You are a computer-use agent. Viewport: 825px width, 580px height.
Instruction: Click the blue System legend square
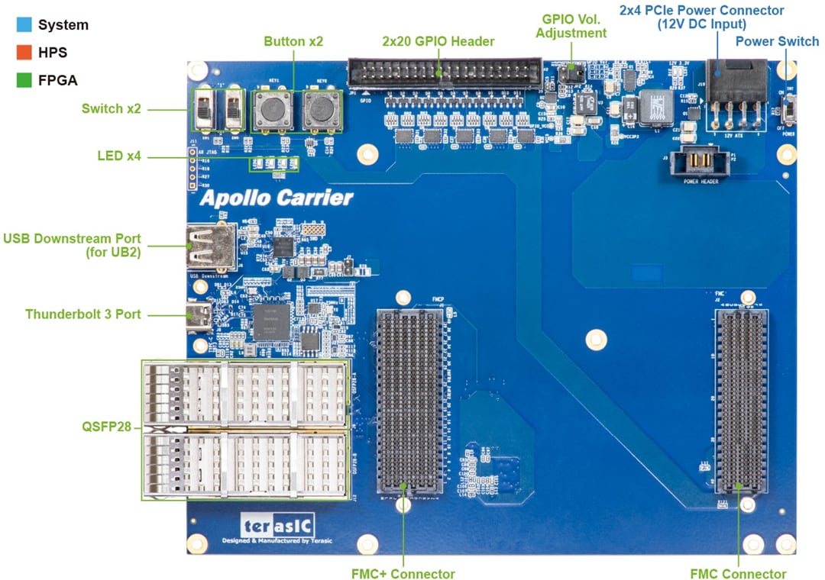point(23,24)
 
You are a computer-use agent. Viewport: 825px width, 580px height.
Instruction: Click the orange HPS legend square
point(23,52)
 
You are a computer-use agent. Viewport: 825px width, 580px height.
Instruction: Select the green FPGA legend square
point(23,79)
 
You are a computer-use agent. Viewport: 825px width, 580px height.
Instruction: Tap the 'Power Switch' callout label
point(777,41)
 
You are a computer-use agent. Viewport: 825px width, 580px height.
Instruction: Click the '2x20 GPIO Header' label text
point(438,41)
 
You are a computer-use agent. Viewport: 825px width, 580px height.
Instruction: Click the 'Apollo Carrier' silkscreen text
point(277,198)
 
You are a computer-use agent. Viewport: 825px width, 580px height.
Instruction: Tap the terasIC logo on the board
point(277,526)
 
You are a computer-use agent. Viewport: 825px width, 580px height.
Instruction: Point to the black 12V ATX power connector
point(735,82)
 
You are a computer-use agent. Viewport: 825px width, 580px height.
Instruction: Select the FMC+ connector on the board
point(410,401)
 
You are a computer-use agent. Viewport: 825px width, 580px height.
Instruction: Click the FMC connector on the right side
point(740,401)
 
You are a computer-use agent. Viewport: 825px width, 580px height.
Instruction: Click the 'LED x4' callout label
point(119,156)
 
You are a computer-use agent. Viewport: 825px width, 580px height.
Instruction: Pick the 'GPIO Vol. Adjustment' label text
point(571,25)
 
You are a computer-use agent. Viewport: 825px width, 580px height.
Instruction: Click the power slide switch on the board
point(789,114)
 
